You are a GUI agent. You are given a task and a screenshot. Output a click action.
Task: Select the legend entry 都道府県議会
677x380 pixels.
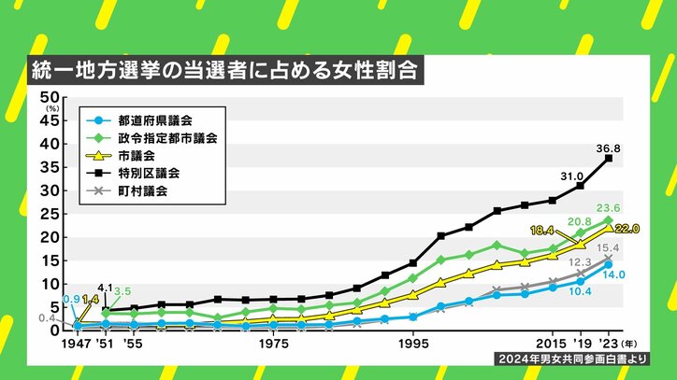(154, 120)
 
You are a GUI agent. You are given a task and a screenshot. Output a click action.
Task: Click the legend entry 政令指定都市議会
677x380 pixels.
(166, 138)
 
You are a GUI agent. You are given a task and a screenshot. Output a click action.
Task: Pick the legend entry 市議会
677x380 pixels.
(136, 156)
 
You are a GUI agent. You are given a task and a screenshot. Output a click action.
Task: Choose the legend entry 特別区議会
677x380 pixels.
(148, 175)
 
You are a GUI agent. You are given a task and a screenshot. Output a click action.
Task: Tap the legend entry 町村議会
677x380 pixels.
(141, 192)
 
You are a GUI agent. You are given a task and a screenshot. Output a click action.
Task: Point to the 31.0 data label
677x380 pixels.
(571, 176)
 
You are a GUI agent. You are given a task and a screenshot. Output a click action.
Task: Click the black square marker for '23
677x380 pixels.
(608, 159)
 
